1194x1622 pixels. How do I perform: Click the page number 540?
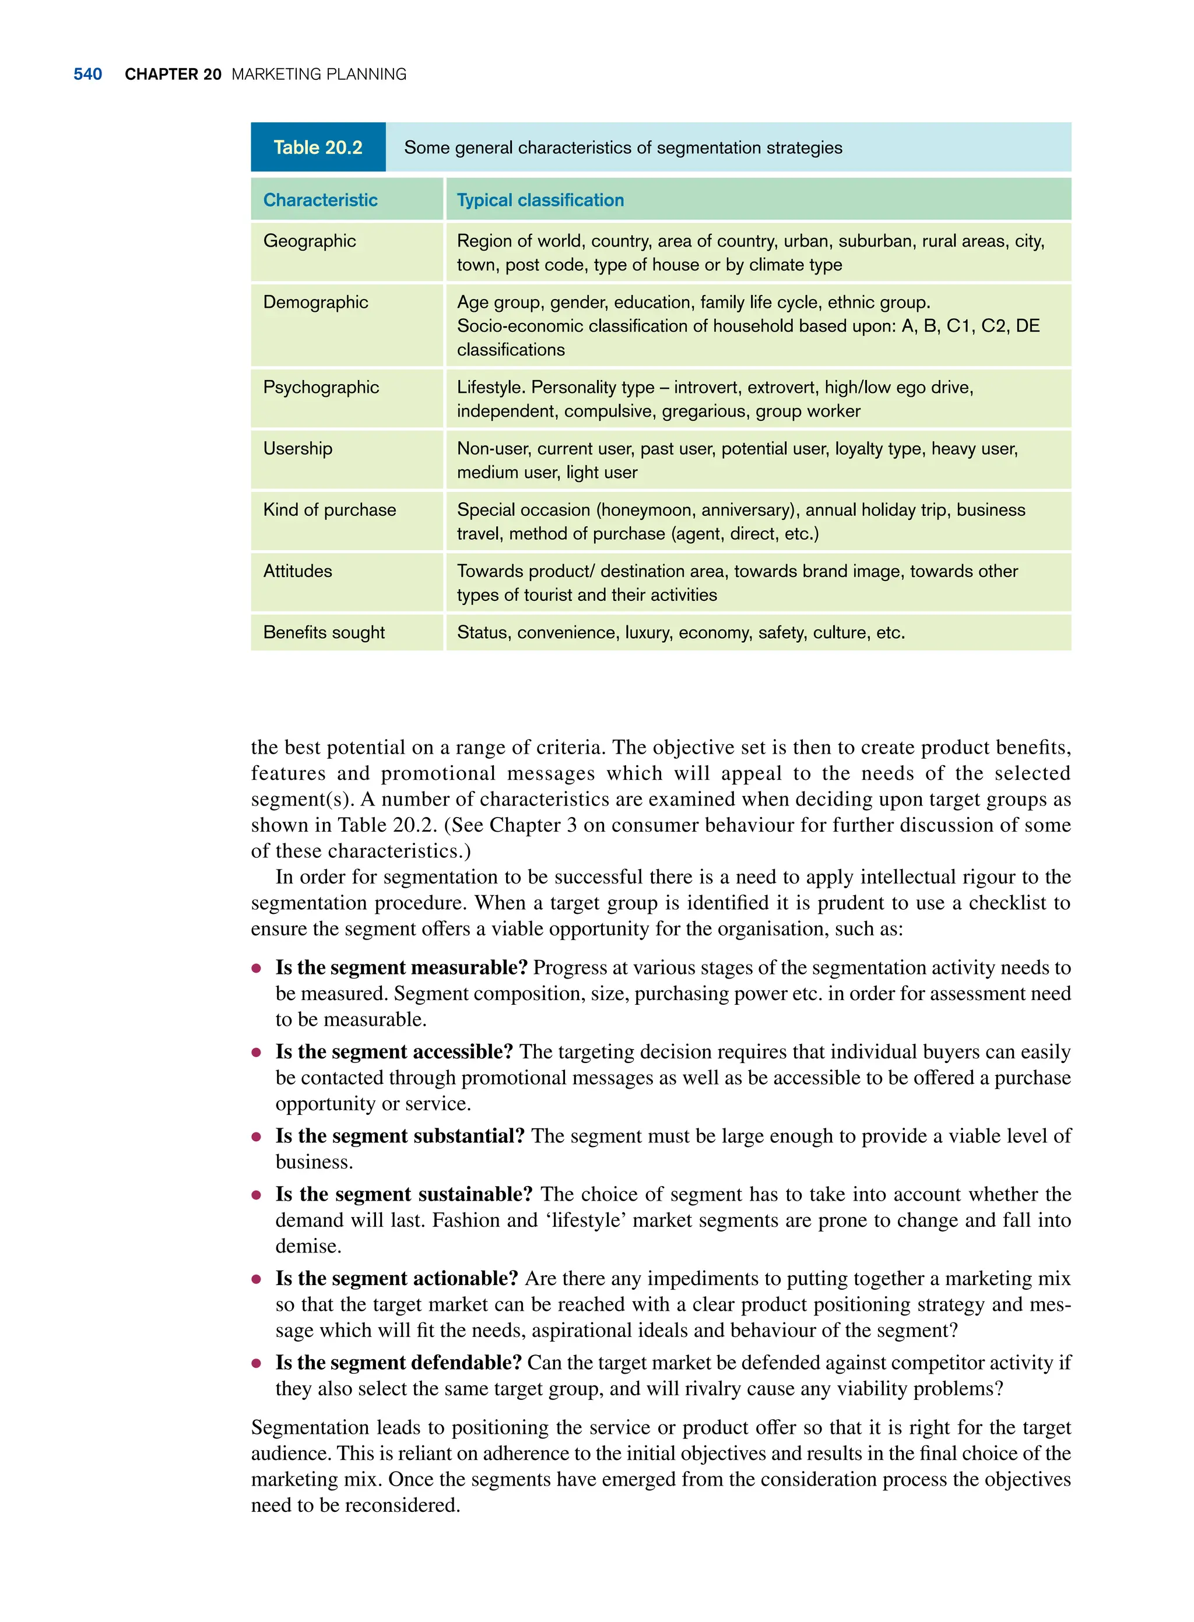(x=87, y=75)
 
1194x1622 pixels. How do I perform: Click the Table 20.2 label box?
(x=318, y=147)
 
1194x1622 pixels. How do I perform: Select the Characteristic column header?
(x=320, y=200)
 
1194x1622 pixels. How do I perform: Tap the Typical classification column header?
(x=540, y=200)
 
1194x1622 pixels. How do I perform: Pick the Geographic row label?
(x=310, y=241)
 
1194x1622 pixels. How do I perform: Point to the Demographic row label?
(x=315, y=302)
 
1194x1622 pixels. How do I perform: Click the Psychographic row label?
(x=321, y=387)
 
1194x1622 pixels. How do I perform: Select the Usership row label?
(x=298, y=449)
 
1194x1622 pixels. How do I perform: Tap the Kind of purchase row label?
(x=329, y=510)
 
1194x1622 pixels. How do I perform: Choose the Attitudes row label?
(x=298, y=572)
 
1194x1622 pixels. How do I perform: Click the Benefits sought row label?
(x=324, y=633)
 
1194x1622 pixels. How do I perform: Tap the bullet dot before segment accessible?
(x=256, y=1053)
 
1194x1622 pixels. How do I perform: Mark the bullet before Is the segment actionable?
(x=256, y=1279)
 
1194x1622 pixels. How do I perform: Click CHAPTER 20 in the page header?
(x=173, y=75)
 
